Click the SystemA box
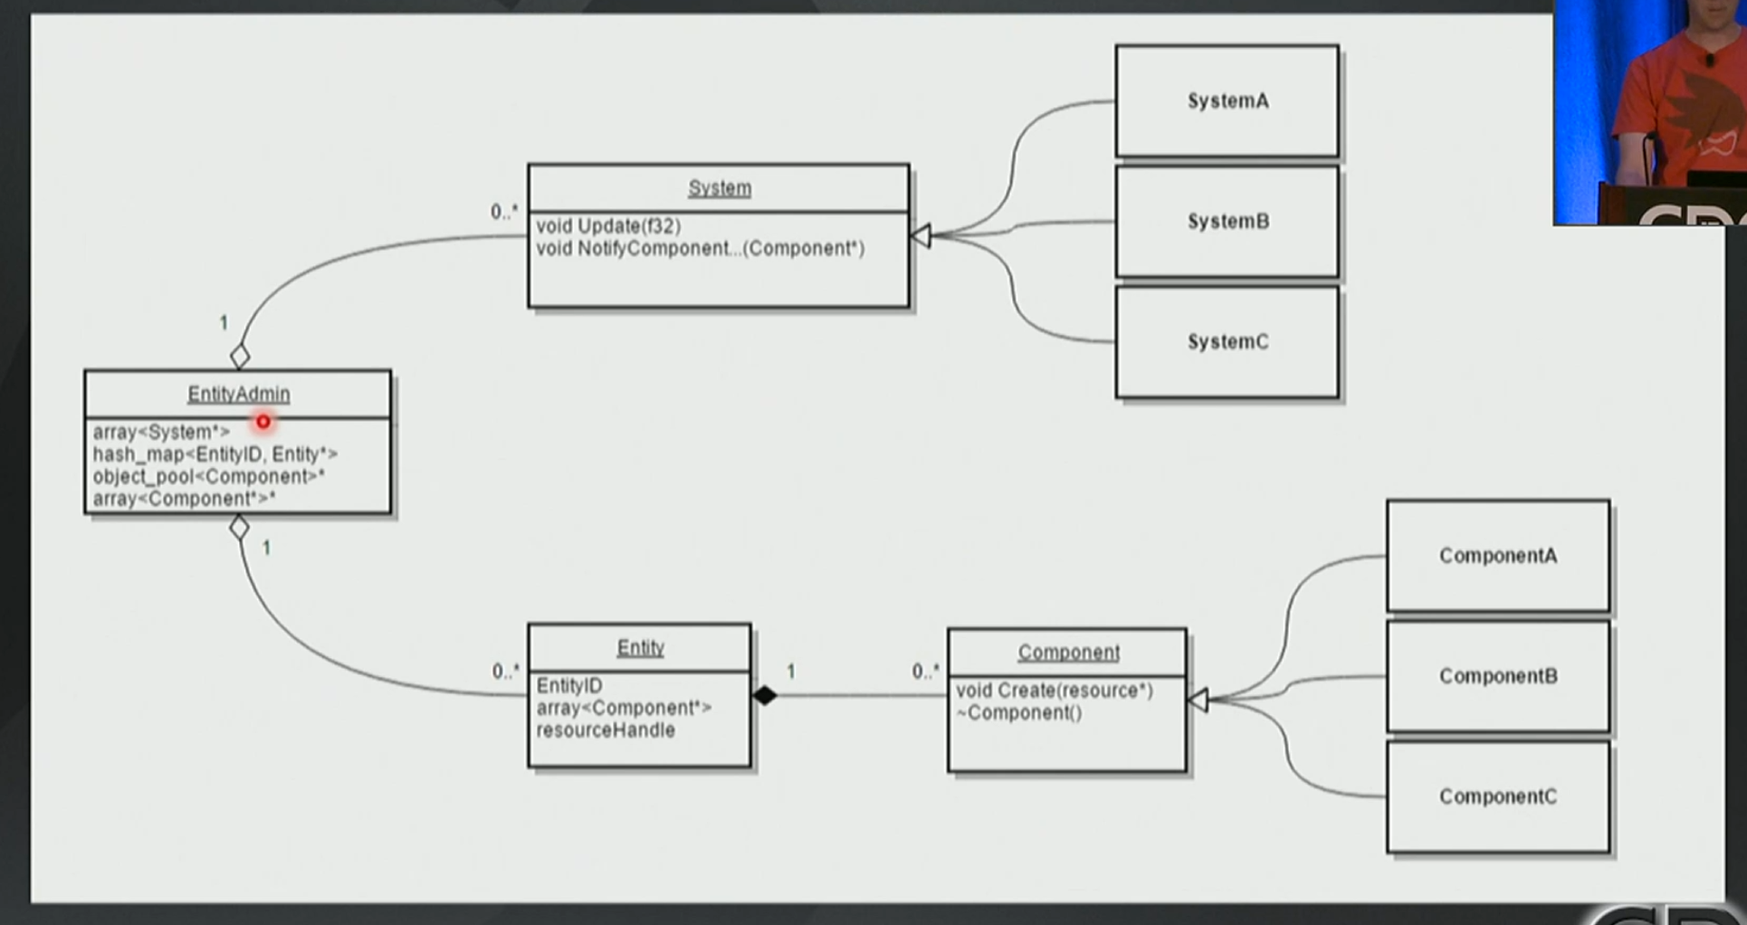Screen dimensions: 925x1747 1227,101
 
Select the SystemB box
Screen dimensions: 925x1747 1227,222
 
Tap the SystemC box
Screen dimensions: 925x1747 1227,342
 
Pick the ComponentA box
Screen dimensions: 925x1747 1498,556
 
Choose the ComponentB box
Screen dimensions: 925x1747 1498,676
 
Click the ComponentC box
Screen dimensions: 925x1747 1498,796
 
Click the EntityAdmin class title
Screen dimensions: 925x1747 239,394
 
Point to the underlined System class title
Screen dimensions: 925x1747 720,188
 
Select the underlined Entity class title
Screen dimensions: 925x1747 640,648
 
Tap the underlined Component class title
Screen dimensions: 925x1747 1068,653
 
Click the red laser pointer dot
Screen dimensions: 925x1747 263,422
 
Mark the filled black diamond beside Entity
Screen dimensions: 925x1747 765,695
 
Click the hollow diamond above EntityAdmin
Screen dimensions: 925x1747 240,357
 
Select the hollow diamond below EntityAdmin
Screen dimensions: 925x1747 239,528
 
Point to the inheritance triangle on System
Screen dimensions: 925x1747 921,236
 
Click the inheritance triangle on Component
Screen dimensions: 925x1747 1198,700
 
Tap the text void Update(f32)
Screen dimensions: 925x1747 608,226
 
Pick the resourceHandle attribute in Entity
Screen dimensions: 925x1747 606,730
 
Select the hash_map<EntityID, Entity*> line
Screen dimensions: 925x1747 215,454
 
